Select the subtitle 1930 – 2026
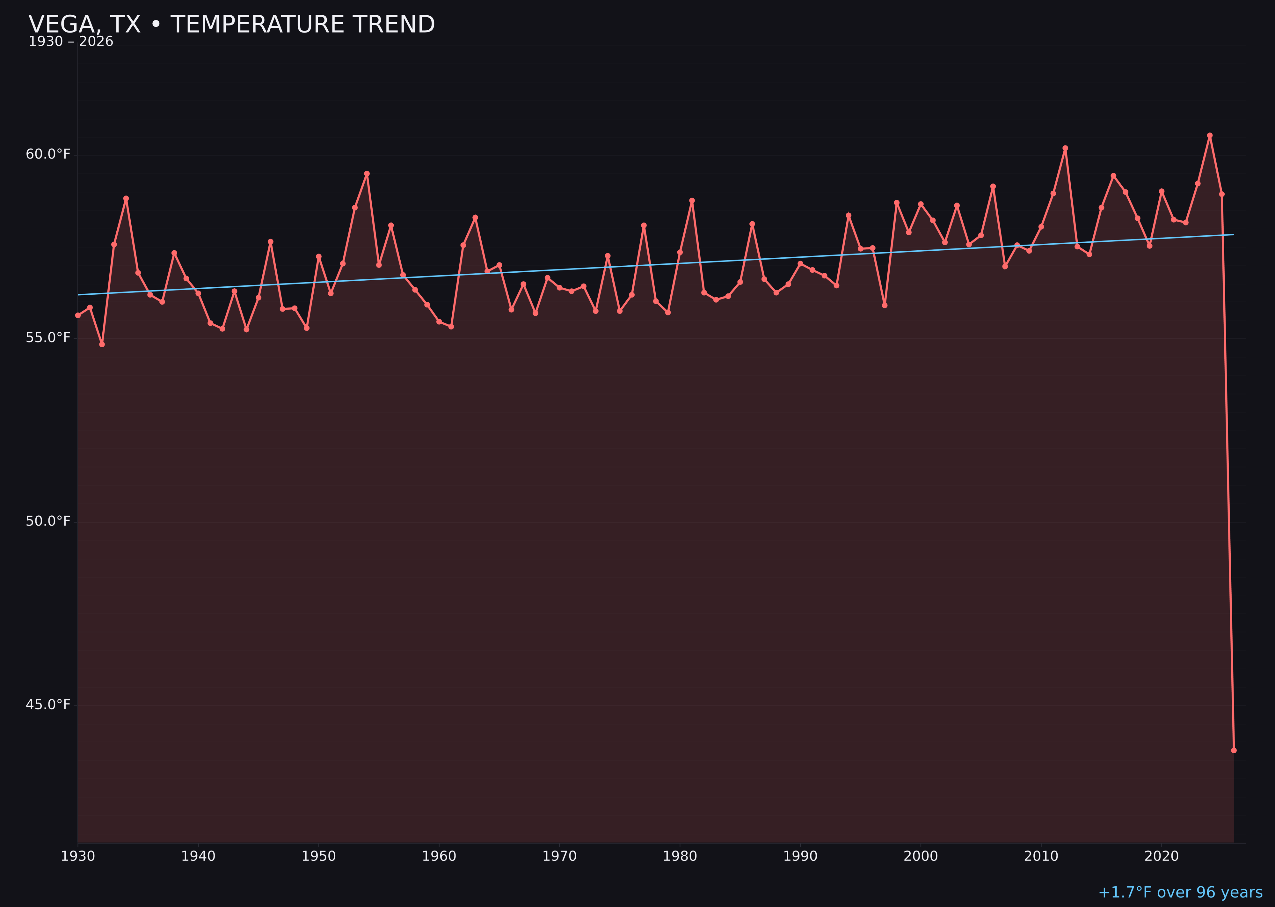(x=71, y=42)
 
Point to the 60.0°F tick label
(x=48, y=154)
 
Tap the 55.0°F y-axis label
(x=48, y=338)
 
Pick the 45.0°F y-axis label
(x=48, y=705)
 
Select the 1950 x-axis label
(x=319, y=856)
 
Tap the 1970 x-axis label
(x=559, y=856)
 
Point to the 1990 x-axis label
(x=800, y=856)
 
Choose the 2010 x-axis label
(x=1041, y=856)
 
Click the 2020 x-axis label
(x=1161, y=856)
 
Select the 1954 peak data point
(x=367, y=174)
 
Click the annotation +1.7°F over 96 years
(x=1180, y=892)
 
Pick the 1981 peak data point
(x=692, y=201)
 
